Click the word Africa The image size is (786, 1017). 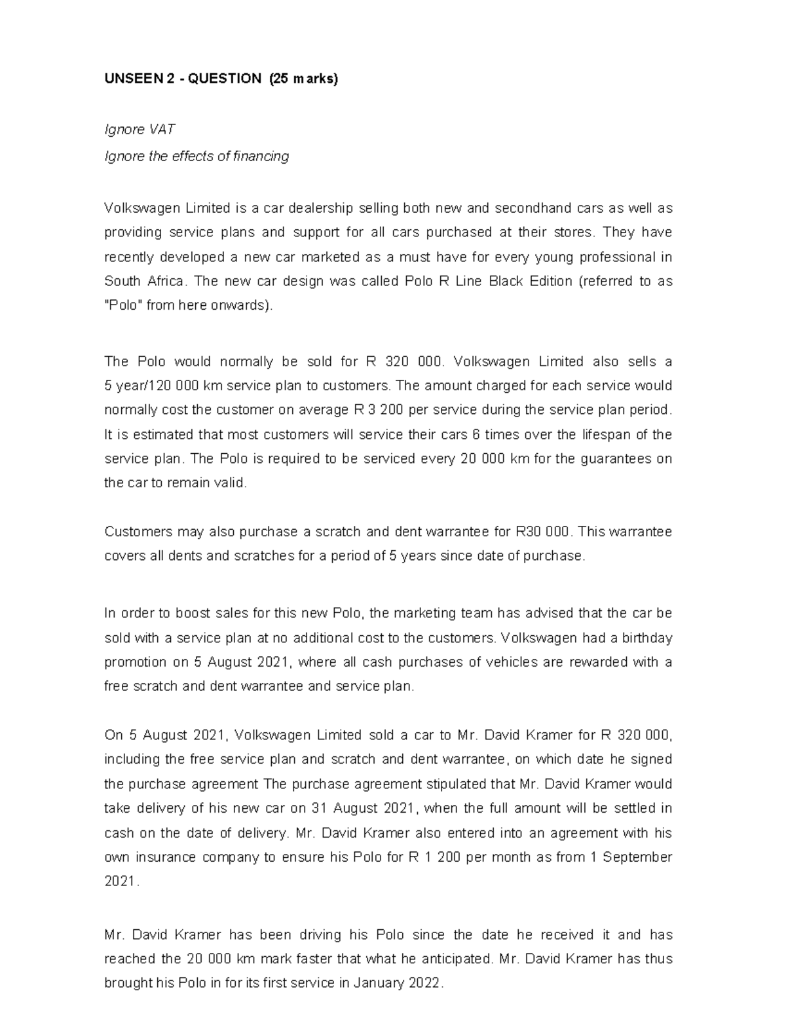click(164, 282)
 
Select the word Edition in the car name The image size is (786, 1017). click(543, 282)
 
